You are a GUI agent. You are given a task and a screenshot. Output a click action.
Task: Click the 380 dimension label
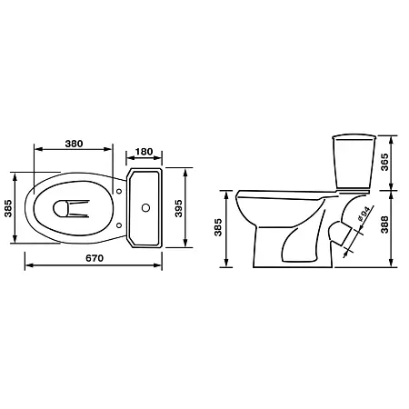point(74,144)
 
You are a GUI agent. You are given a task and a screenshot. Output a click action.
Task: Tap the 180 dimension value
point(144,152)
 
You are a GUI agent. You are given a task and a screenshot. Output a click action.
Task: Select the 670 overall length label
point(95,258)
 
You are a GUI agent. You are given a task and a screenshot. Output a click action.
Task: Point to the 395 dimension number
point(179,208)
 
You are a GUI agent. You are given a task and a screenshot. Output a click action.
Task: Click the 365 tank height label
point(384,162)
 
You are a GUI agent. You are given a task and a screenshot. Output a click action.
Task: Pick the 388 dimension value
point(384,224)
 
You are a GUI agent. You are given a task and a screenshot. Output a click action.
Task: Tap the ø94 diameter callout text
point(364,214)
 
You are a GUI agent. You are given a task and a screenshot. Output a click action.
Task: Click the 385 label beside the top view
point(8,208)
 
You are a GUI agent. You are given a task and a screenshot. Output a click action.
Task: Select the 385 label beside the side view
point(218,227)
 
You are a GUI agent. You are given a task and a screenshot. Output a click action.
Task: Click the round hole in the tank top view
point(145,208)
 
